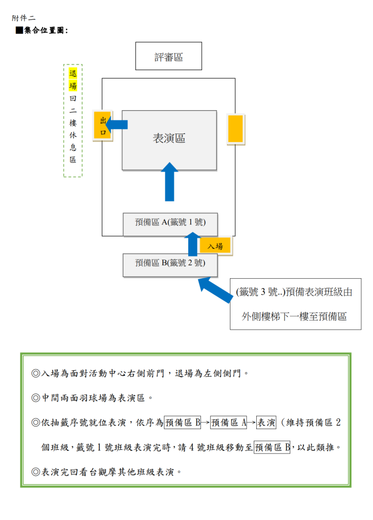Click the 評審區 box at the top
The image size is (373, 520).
[x=168, y=56]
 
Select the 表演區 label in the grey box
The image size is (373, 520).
[x=169, y=138]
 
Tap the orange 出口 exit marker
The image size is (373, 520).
[x=103, y=125]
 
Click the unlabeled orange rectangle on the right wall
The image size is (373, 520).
[x=236, y=129]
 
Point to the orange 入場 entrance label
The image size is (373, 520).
[x=215, y=246]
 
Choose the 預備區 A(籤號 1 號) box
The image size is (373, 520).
[x=171, y=224]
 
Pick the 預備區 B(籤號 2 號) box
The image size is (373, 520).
[x=170, y=265]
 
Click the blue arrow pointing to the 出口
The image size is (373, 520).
[x=117, y=124]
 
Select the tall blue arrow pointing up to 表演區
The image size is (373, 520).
[x=169, y=182]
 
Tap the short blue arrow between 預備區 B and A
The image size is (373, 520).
[x=192, y=244]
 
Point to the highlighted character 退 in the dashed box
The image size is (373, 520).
[x=73, y=73]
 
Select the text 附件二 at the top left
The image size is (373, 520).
[x=23, y=18]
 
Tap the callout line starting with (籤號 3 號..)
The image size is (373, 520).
[x=294, y=292]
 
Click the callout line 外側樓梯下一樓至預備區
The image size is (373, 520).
[x=294, y=316]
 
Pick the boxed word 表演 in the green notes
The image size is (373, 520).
[x=266, y=422]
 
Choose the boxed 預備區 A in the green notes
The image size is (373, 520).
[x=228, y=422]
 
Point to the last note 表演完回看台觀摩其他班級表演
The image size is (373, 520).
[x=107, y=472]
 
